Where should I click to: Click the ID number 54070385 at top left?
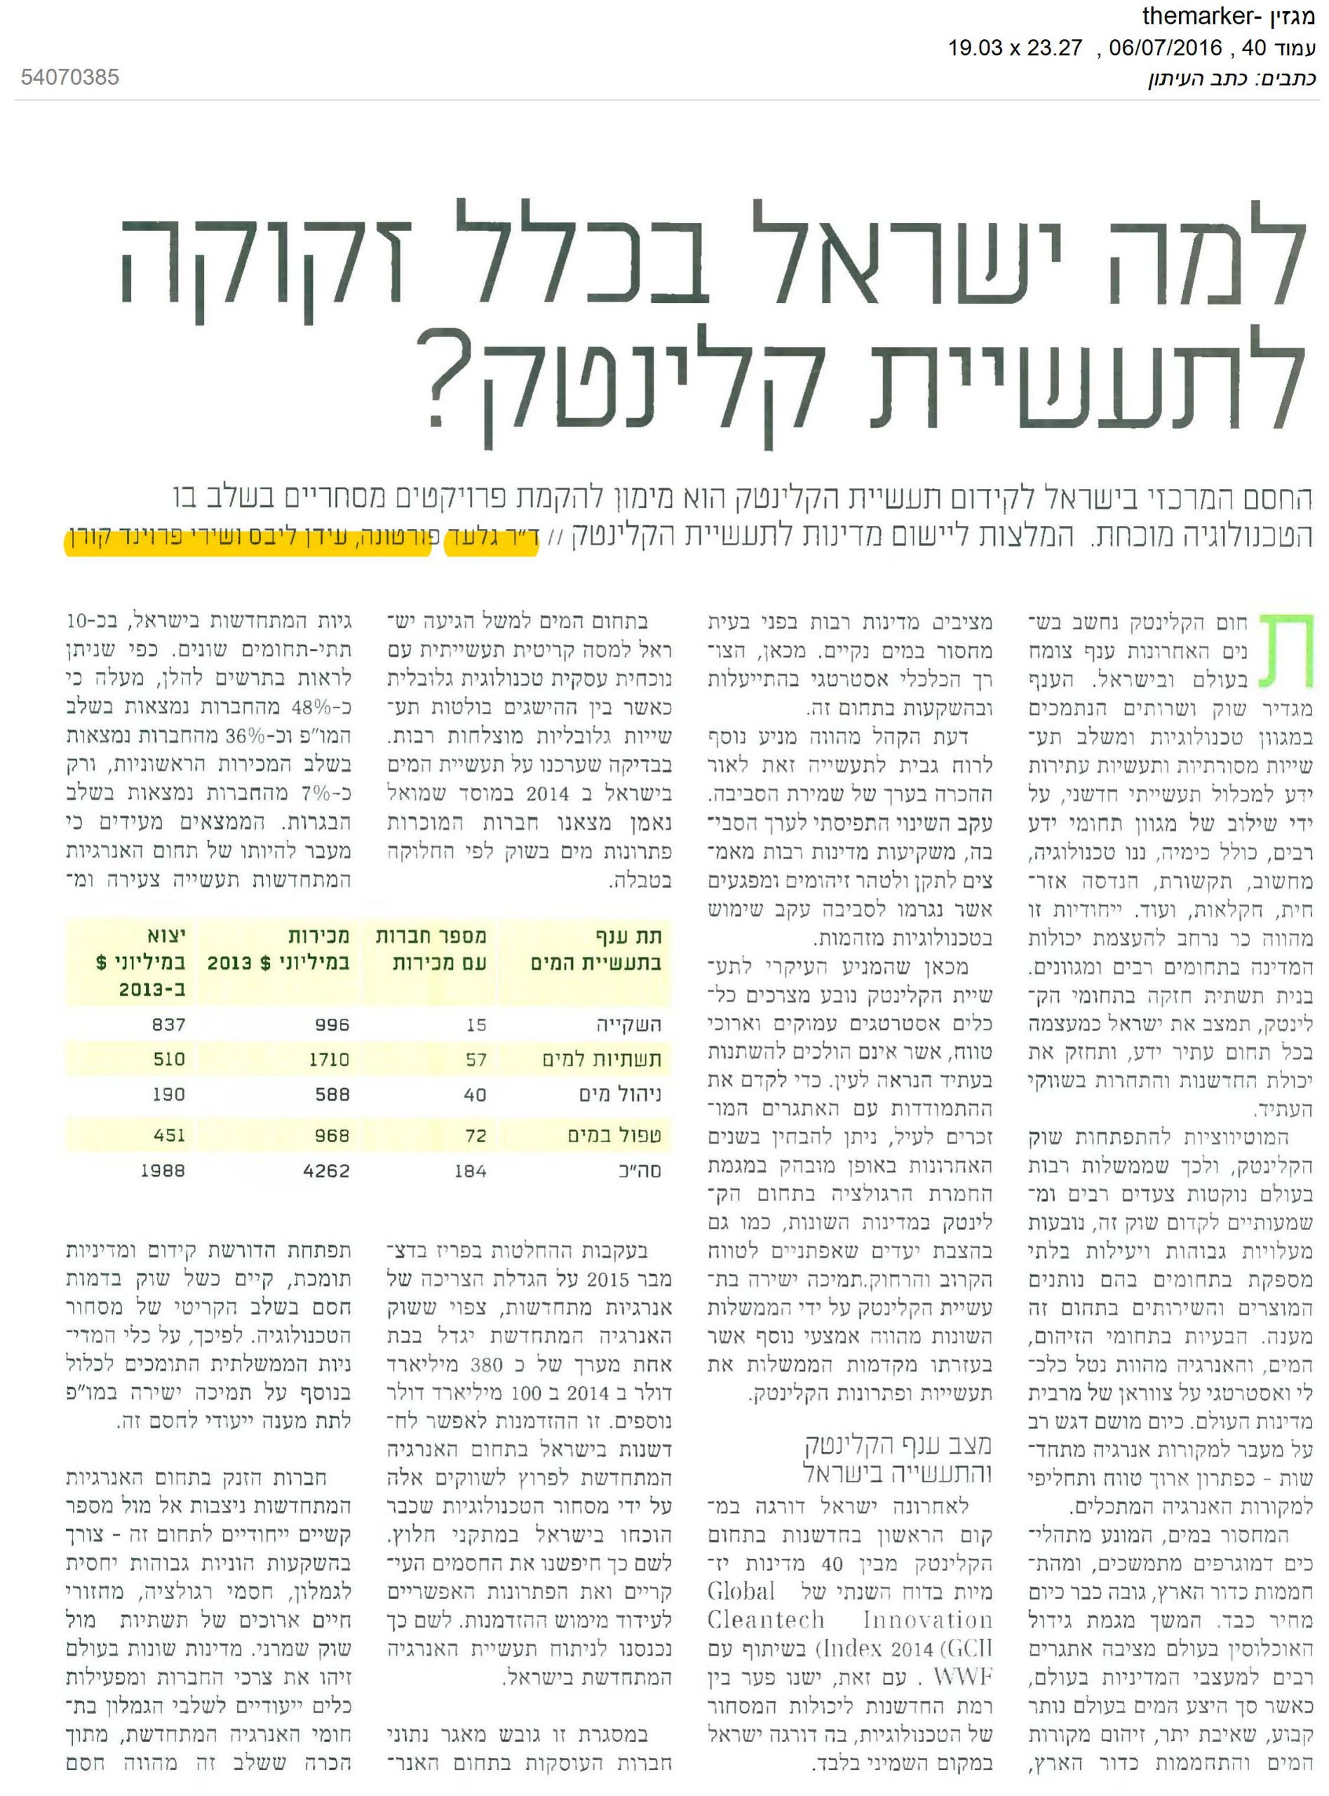point(69,77)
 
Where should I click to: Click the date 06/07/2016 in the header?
point(1165,48)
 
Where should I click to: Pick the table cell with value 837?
point(168,1024)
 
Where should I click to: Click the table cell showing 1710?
point(329,1059)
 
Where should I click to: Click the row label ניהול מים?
point(619,1094)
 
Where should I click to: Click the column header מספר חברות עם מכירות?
point(431,949)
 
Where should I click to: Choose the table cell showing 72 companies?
point(475,1135)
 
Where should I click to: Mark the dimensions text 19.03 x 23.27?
point(1016,48)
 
